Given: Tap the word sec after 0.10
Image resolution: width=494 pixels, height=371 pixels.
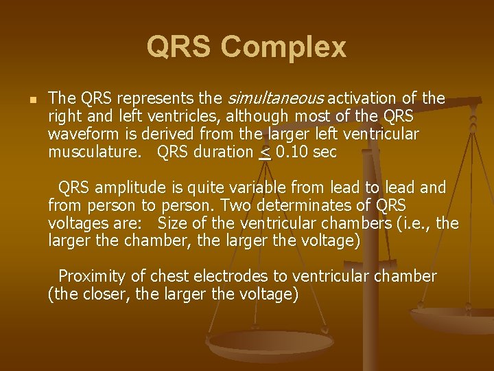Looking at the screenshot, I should click(x=325, y=153).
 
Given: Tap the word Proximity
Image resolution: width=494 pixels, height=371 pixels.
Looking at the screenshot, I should click(x=92, y=277).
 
